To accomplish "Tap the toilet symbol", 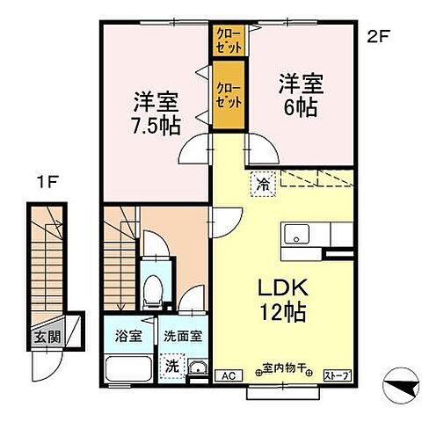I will click(155, 286).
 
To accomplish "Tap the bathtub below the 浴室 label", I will click(127, 367).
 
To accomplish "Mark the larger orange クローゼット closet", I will click(229, 88).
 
